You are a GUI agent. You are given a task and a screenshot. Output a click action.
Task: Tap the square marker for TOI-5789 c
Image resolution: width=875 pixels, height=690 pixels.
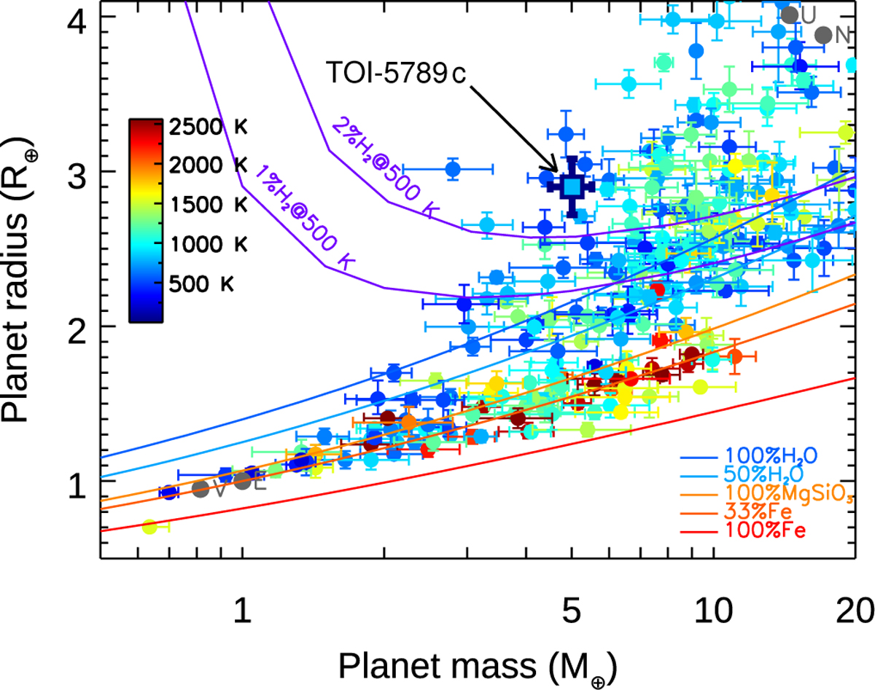572,187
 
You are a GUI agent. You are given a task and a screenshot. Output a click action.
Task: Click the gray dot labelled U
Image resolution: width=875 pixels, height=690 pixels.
789,15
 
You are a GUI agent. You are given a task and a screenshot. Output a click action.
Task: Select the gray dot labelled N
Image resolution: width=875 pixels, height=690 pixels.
823,35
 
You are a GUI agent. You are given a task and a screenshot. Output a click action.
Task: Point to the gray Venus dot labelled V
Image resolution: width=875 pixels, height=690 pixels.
200,489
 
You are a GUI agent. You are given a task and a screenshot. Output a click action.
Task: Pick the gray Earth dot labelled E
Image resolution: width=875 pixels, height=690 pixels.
243,481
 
